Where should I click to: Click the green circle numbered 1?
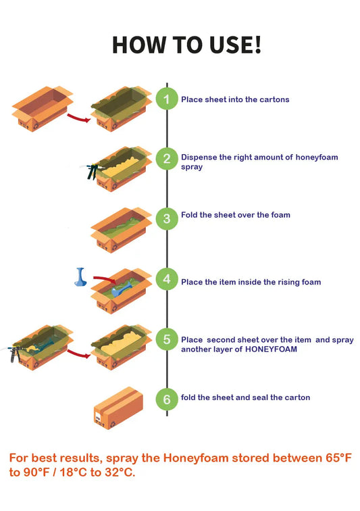point(167,99)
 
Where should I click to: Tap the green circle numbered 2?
point(167,160)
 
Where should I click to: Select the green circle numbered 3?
point(167,218)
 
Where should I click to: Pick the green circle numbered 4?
point(167,278)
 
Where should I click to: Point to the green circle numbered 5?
point(167,341)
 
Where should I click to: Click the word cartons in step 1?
point(275,99)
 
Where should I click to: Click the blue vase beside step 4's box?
point(81,277)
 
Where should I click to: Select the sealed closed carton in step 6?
point(118,408)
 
